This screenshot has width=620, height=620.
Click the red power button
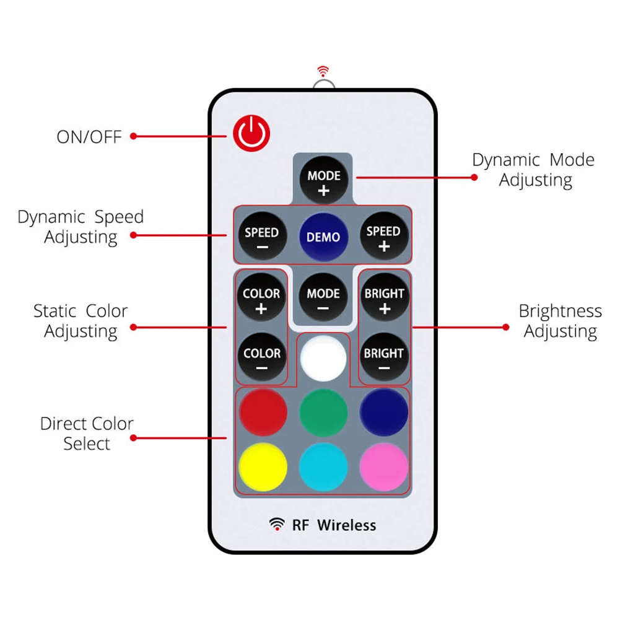[x=252, y=134]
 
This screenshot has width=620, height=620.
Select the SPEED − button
[x=261, y=237]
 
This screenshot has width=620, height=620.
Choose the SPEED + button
[x=383, y=235]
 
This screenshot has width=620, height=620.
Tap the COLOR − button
[x=261, y=357]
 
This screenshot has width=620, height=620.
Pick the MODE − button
[x=323, y=297]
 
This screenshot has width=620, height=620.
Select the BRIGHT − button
[x=384, y=357]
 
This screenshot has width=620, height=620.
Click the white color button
[x=323, y=357]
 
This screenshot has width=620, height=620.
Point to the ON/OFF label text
[x=89, y=136]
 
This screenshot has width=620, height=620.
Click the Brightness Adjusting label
[x=560, y=321]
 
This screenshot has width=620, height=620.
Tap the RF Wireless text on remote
[x=333, y=525]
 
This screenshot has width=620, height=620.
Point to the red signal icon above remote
[x=322, y=71]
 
